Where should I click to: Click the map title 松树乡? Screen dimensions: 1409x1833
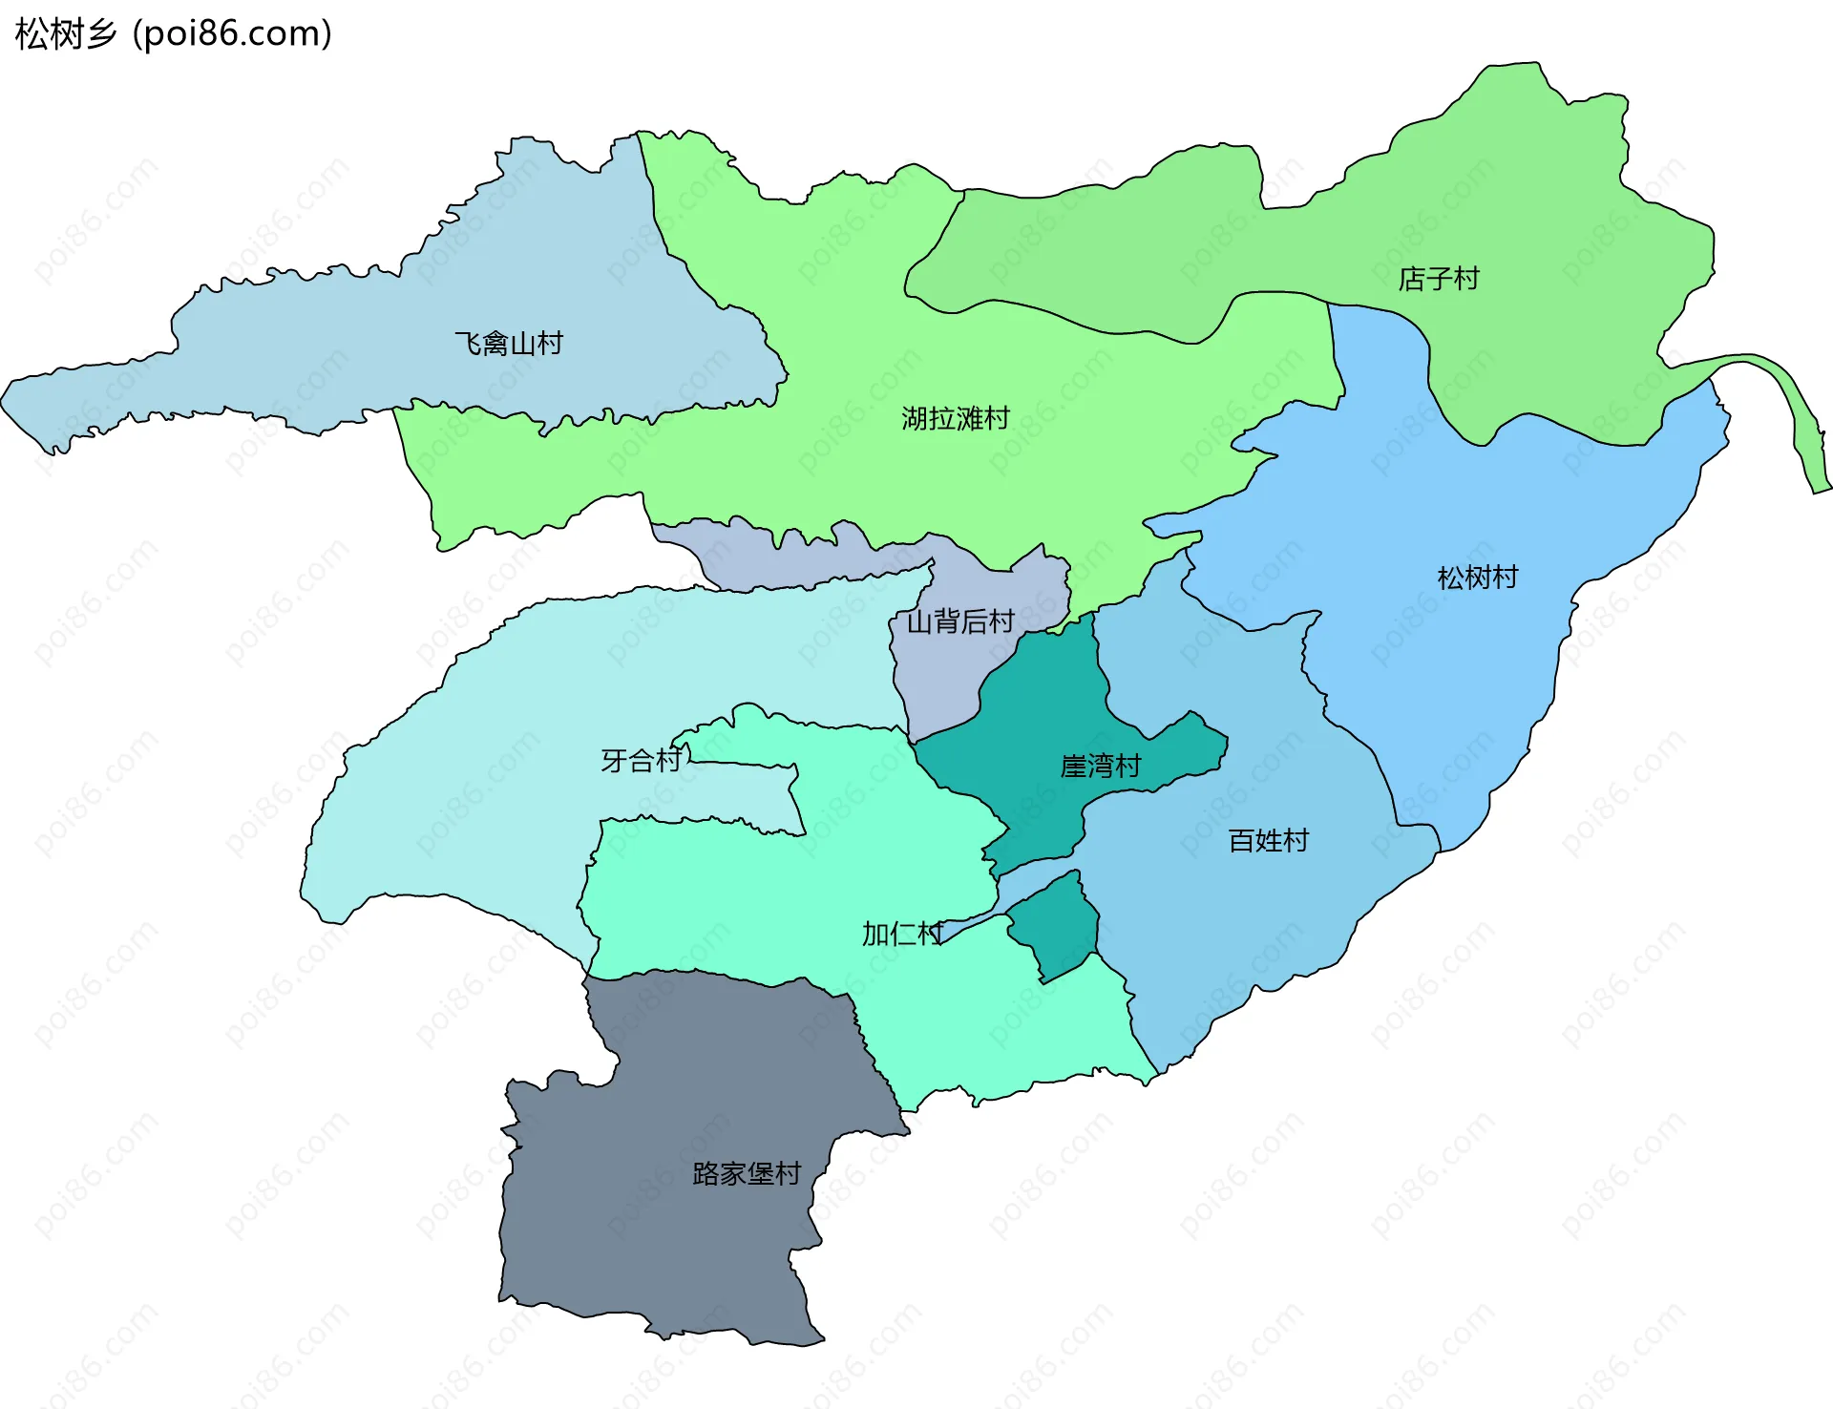click(65, 34)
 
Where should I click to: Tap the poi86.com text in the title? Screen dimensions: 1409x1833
click(232, 34)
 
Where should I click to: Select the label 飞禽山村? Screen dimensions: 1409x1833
click(509, 344)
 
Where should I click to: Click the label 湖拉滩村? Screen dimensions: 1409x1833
click(955, 419)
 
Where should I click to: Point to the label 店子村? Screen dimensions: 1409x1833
click(1438, 280)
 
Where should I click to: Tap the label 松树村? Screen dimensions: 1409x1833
click(1477, 578)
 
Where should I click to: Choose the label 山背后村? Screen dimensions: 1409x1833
click(959, 622)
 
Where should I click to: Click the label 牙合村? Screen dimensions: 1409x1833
click(641, 761)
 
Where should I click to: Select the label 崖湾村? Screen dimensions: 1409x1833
click(1100, 767)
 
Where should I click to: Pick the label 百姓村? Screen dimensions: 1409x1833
click(1268, 841)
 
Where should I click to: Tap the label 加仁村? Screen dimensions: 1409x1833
click(902, 935)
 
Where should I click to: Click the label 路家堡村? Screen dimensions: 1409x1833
click(746, 1174)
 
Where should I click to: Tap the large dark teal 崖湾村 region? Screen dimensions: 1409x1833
click(1041, 726)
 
